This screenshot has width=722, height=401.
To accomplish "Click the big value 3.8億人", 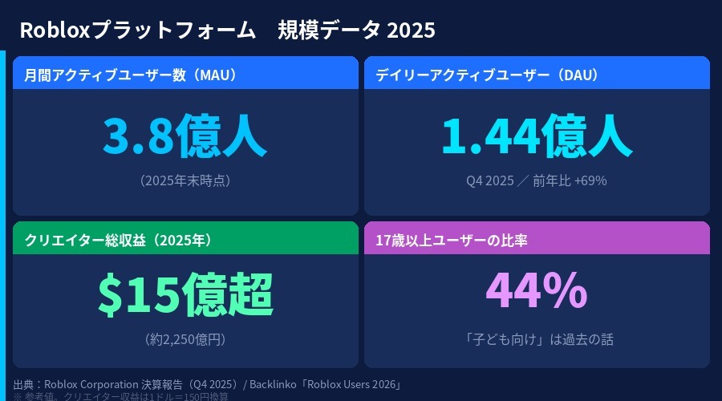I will (185, 136).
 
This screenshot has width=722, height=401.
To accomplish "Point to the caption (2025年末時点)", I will (185, 180).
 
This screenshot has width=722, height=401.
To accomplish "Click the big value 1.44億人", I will (536, 136).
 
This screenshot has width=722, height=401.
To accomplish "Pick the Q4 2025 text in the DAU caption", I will (489, 180).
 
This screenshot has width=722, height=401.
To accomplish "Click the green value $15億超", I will (185, 294).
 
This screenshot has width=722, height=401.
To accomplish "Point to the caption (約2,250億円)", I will (185, 339).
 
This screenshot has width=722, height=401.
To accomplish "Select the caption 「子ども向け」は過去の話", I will (536, 339).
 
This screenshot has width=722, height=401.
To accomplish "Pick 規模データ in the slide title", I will (329, 30).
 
